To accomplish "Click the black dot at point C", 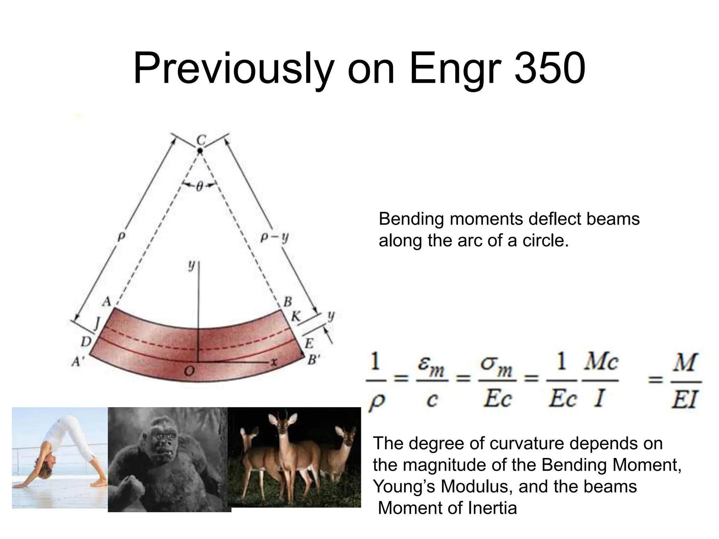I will (200, 151).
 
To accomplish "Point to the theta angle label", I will (199, 187).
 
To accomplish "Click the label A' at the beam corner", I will (77, 361).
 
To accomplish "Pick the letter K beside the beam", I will (296, 317).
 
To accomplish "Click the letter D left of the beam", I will (86, 341).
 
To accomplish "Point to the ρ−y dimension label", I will (275, 238).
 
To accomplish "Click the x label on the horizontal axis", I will (274, 362).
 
